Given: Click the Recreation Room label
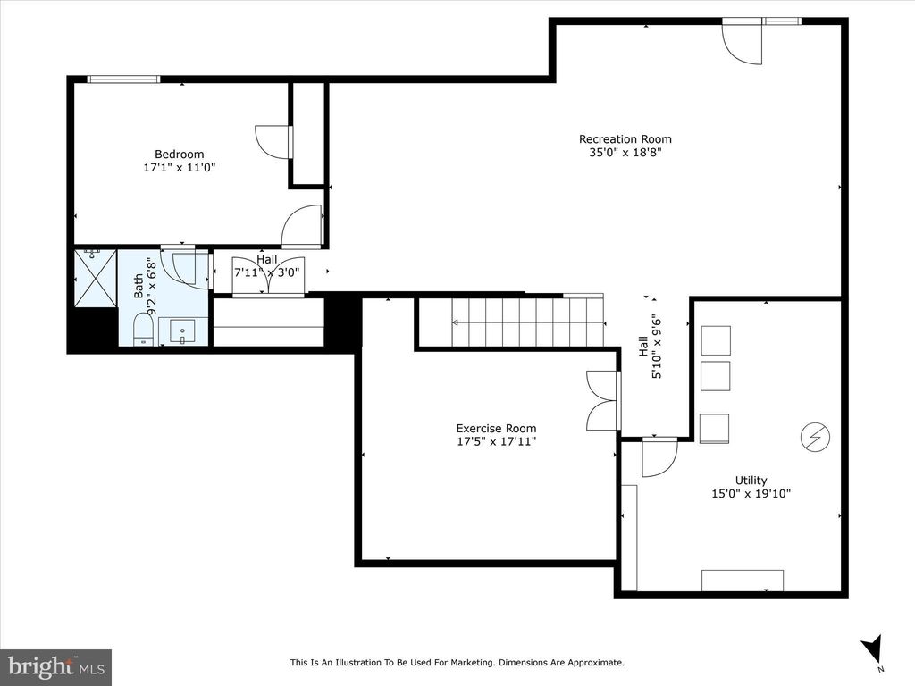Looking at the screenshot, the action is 625,138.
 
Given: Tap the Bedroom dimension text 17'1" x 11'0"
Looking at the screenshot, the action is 179,167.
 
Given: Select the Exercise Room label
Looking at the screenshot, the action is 496,428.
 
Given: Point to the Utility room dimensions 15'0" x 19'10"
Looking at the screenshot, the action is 751,493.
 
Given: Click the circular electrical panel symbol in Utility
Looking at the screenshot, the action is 815,436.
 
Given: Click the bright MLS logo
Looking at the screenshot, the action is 56,665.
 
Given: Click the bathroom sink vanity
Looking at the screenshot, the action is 182,331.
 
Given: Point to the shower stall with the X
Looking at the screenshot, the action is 96,278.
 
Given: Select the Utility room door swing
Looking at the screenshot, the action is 659,456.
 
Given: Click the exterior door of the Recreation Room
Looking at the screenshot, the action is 742,41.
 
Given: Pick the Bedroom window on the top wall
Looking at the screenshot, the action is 123,79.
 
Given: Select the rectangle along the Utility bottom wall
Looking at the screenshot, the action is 743,581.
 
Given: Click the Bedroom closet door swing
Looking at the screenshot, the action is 273,141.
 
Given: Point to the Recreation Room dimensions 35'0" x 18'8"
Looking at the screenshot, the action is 625,153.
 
